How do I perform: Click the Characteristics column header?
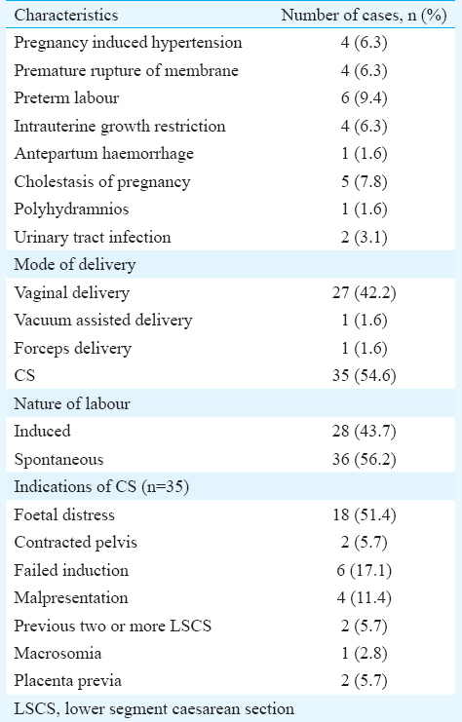point(66,16)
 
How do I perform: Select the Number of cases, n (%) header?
point(364,16)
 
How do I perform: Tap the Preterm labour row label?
point(66,98)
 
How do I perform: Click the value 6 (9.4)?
point(364,98)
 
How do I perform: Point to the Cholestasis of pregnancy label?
point(101,182)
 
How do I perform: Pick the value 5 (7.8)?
point(364,181)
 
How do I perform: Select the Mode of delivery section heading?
point(75,265)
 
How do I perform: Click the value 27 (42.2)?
point(364,292)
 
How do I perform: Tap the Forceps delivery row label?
point(73,349)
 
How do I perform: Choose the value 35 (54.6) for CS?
point(364,376)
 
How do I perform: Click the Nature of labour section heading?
point(72,403)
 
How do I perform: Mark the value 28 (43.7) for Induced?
point(364,431)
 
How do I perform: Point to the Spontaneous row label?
point(58,460)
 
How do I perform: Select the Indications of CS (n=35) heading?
point(101,487)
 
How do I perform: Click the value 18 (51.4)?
point(364,514)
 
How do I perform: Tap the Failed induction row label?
point(71,571)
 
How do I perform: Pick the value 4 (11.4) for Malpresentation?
point(364,598)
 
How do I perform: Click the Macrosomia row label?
point(58,654)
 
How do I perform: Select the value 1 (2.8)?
point(364,654)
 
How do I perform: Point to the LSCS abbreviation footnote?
point(154,709)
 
